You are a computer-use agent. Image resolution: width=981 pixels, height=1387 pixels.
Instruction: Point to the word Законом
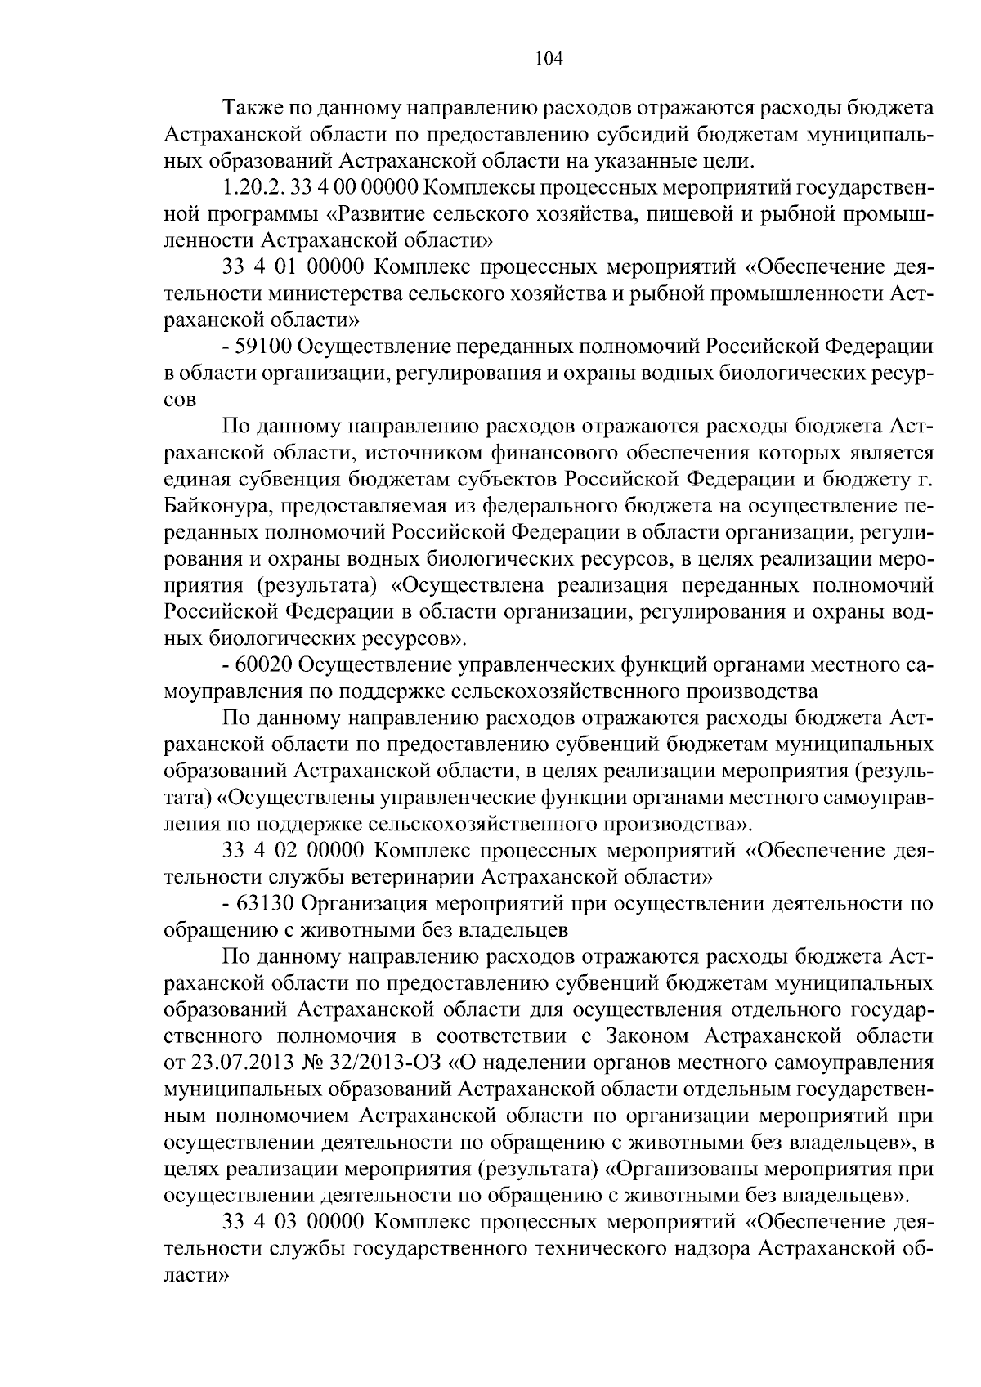647,1037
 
